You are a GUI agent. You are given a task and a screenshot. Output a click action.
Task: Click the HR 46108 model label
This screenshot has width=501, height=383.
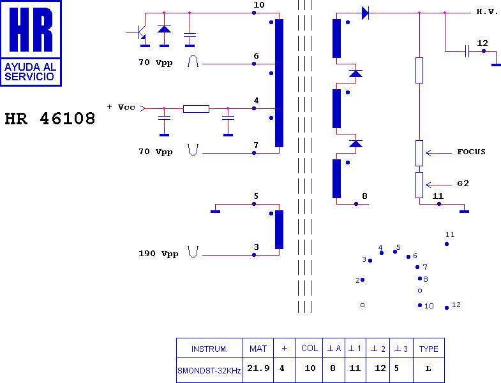pos(50,119)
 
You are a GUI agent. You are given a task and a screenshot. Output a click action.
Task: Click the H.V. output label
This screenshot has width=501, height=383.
pos(487,12)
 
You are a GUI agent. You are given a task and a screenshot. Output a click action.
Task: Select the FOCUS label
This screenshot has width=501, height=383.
pos(471,152)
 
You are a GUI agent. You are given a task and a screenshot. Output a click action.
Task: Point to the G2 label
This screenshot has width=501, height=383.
pos(463,184)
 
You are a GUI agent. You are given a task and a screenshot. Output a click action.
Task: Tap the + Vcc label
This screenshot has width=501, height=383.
pos(121,107)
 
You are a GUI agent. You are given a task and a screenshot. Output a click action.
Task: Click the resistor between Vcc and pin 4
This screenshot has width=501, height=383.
pos(196,109)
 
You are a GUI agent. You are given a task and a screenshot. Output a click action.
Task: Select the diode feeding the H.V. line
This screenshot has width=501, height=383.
pos(365,13)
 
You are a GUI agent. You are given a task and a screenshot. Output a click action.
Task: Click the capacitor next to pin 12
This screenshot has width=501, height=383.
pos(467,51)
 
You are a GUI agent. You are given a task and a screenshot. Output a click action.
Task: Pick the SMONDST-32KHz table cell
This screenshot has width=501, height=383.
pos(209,370)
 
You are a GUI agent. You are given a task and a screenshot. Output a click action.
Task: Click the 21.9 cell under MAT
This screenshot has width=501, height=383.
pos(258,368)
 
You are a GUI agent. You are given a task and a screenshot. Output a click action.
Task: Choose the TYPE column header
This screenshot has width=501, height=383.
pos(428,349)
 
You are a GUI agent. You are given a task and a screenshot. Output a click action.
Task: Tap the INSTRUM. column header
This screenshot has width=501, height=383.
pos(209,349)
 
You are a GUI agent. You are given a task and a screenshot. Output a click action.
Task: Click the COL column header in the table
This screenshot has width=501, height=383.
pos(310,348)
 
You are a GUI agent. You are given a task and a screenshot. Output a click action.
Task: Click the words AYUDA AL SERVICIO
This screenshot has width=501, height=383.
pos(31,72)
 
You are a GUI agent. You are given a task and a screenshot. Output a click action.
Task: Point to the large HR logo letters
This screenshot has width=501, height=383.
pos(31,29)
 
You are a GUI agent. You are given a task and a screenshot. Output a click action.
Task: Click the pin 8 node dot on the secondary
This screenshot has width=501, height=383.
pos(356,204)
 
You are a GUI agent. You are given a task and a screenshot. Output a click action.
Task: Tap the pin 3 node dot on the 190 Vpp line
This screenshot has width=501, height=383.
pos(254,255)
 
